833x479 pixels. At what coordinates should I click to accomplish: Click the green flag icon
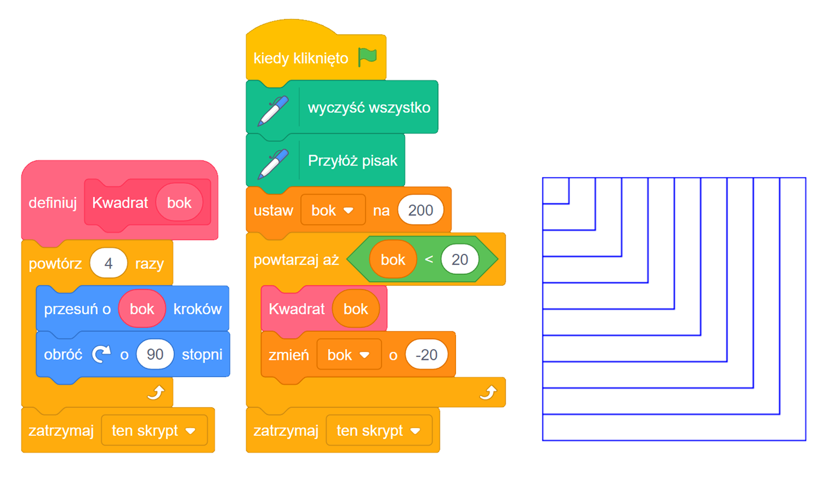click(368, 57)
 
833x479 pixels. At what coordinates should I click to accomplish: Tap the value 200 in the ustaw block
click(420, 210)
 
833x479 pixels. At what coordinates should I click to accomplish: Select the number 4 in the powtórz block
click(108, 264)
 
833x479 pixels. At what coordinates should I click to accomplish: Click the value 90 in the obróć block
click(155, 355)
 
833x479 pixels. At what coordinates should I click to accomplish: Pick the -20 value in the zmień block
click(426, 355)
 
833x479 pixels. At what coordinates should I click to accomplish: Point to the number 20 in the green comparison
click(459, 260)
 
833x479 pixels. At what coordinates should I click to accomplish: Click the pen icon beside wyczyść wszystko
click(273, 110)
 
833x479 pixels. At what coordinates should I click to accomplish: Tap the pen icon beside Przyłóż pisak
click(273, 163)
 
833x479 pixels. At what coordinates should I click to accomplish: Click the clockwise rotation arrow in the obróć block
click(102, 355)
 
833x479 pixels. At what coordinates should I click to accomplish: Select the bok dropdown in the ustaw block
click(333, 210)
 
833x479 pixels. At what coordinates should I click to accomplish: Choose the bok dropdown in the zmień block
click(349, 355)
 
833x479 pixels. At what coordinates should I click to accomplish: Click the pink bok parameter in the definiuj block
click(179, 203)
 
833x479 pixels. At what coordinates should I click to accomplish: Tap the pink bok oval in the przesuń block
click(142, 309)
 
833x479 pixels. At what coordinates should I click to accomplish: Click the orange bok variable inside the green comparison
click(393, 260)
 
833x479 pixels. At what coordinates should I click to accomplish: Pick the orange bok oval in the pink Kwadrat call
click(356, 309)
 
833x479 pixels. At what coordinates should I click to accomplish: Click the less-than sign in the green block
click(429, 260)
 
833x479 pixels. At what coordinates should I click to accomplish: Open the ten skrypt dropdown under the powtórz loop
click(154, 431)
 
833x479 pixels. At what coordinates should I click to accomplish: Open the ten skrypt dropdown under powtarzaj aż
click(379, 431)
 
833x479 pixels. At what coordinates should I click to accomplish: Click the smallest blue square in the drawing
click(556, 190)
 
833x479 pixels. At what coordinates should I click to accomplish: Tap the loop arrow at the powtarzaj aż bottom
click(488, 393)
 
